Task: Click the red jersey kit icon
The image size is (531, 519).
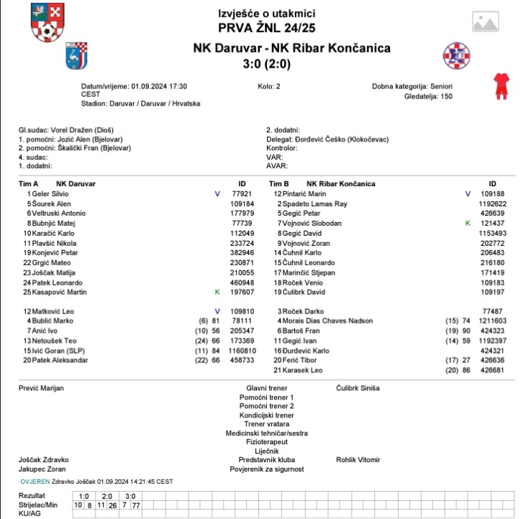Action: point(499,85)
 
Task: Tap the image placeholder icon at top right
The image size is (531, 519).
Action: point(487,22)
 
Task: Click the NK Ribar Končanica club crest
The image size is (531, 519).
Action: point(455,55)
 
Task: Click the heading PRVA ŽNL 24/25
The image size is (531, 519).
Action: point(267,28)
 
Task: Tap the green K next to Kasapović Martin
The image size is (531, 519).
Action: point(217,292)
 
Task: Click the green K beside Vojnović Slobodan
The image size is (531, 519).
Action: point(468,224)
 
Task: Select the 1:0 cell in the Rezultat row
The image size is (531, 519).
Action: point(83,496)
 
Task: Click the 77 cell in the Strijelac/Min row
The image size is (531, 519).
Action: point(136,505)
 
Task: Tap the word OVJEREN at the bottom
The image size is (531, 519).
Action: point(35,481)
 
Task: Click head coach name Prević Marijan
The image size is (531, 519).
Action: point(41,388)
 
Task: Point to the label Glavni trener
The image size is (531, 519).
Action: point(266,388)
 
